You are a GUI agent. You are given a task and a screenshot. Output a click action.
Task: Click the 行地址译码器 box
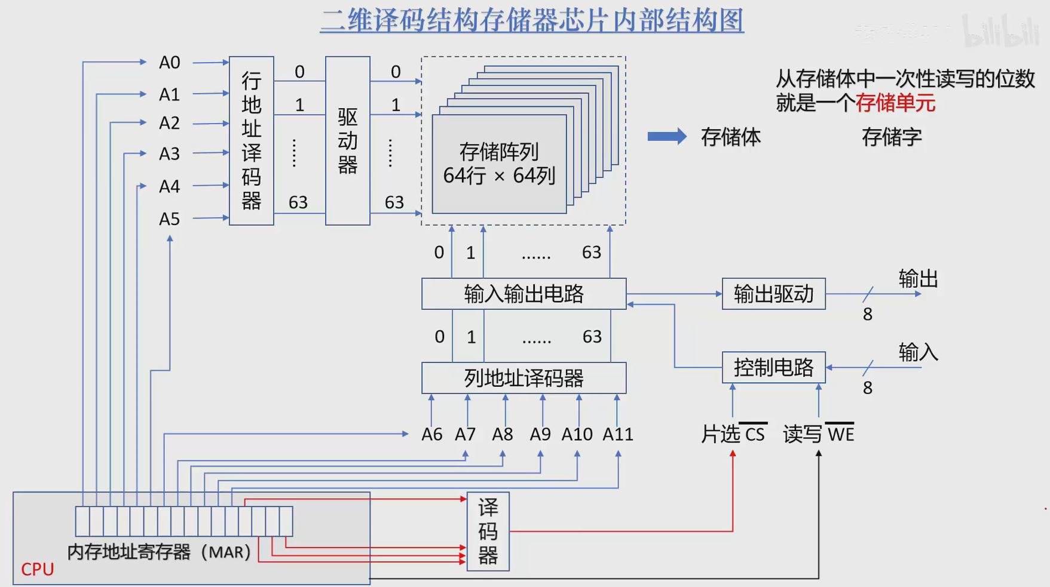(x=251, y=141)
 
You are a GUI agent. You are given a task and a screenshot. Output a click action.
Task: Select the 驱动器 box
(x=347, y=141)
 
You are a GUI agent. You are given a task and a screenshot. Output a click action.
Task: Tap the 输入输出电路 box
(x=524, y=294)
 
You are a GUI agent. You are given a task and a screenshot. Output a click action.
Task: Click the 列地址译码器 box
(x=524, y=378)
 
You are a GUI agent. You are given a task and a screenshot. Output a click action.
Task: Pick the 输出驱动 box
(x=773, y=294)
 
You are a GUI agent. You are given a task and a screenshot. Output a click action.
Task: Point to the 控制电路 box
(x=773, y=367)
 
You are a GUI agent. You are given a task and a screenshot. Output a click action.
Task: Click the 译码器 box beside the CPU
(x=488, y=531)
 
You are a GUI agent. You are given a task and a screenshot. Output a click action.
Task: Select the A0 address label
(x=169, y=63)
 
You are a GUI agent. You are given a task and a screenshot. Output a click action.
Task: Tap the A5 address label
(x=169, y=219)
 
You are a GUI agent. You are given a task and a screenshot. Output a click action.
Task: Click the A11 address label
(x=617, y=434)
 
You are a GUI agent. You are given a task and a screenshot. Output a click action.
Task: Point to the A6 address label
(x=431, y=434)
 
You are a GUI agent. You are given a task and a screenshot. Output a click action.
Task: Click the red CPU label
(x=37, y=570)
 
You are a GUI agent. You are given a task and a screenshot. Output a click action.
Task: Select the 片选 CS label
(x=733, y=434)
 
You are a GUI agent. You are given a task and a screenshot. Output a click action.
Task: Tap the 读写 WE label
(x=818, y=434)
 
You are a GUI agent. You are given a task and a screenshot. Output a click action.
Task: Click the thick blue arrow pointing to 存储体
(x=667, y=137)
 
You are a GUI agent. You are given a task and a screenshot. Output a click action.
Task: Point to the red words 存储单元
(x=895, y=103)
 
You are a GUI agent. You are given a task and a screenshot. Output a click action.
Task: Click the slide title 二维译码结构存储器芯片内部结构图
(x=532, y=20)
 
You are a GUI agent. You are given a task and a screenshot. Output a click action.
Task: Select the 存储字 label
(x=891, y=137)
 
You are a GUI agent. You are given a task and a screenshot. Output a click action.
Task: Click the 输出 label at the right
(x=918, y=279)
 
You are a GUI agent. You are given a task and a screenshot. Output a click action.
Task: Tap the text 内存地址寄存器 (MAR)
(x=159, y=552)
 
